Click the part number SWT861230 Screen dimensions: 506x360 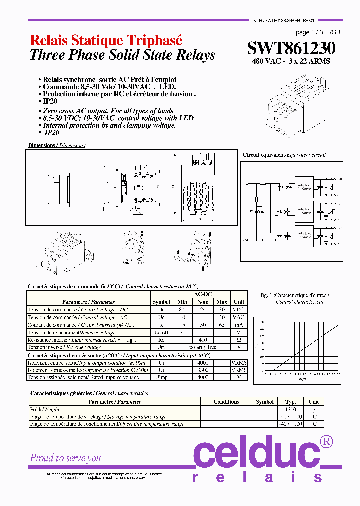(x=291, y=48)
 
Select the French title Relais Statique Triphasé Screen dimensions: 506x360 (x=106, y=41)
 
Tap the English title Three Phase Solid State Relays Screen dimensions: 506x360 (x=122, y=55)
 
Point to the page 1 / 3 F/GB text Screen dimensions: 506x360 (x=318, y=32)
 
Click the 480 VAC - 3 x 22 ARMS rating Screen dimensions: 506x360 (x=291, y=62)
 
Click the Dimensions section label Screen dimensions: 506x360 (x=56, y=145)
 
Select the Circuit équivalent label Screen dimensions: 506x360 (x=286, y=155)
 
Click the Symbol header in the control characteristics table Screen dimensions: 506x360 (x=161, y=302)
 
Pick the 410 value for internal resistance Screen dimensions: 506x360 (x=202, y=340)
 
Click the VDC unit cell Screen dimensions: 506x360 (x=239, y=310)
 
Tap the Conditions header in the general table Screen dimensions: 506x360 (x=226, y=402)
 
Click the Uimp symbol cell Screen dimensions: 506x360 (x=161, y=377)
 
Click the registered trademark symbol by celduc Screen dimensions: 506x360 (x=326, y=441)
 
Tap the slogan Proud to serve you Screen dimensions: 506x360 (x=65, y=458)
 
